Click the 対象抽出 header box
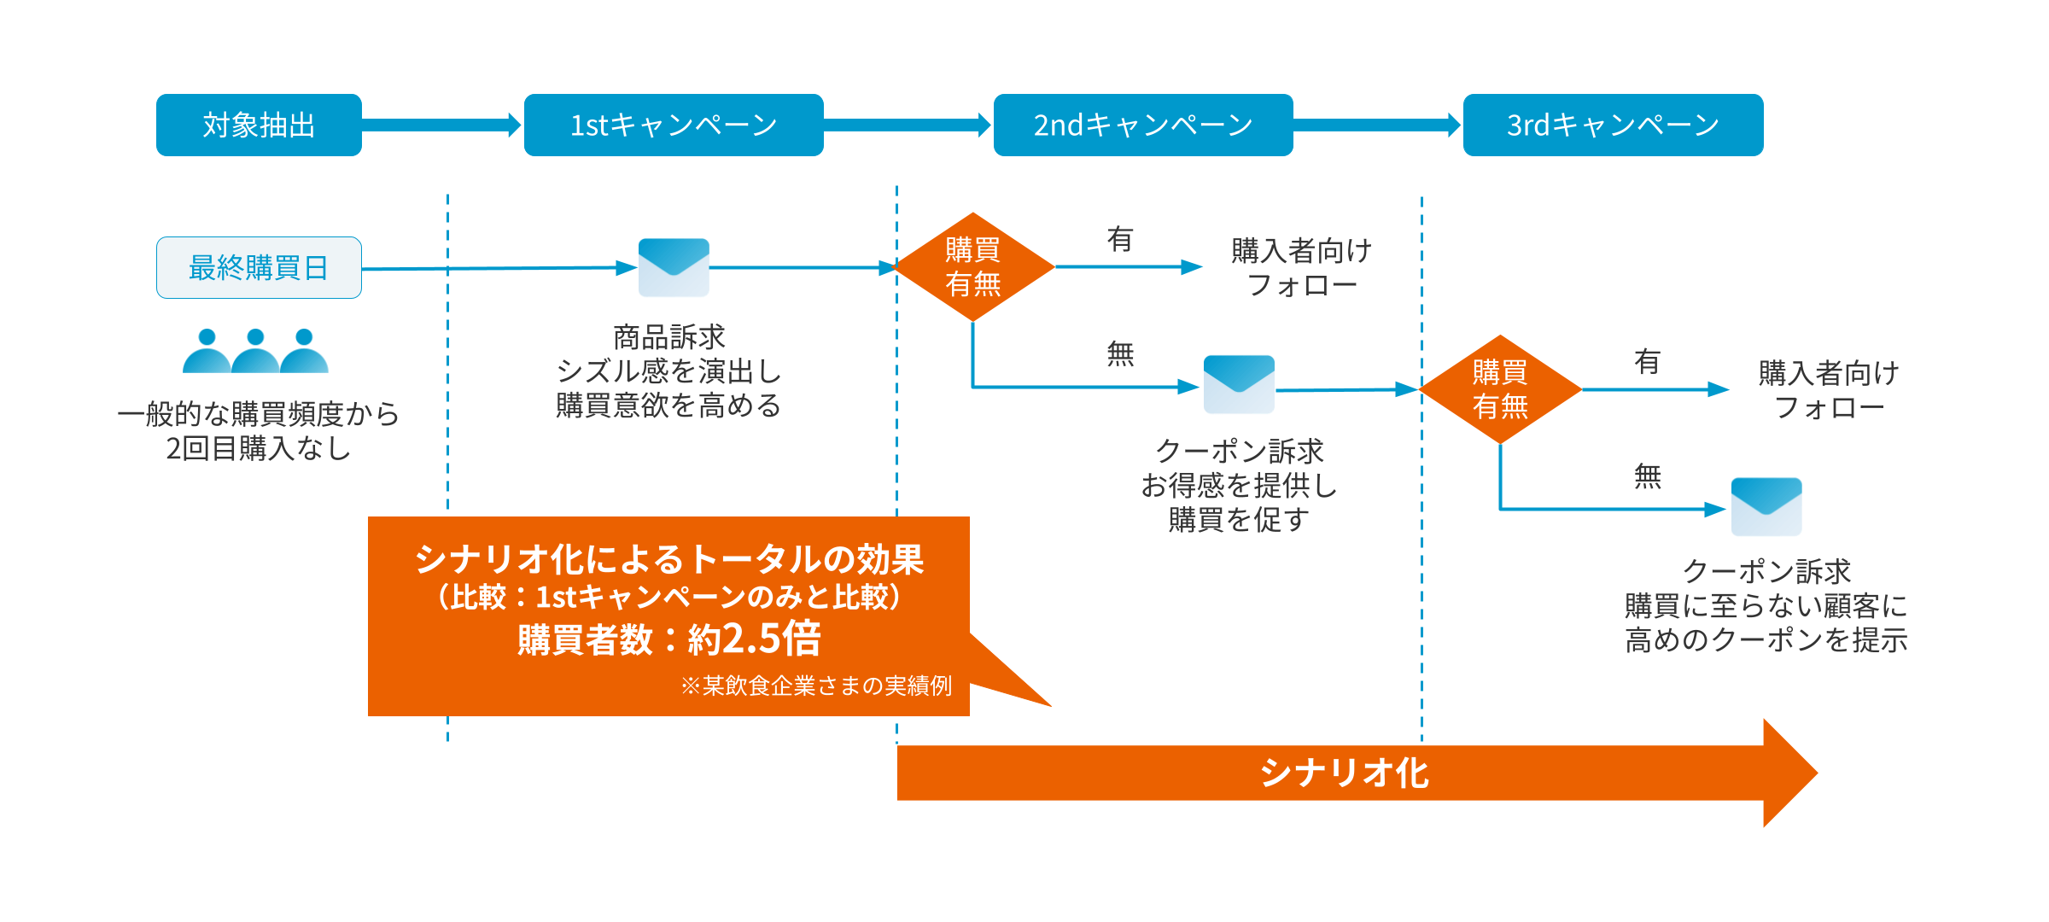click(x=259, y=125)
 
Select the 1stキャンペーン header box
click(x=674, y=125)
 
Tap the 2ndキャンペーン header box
click(x=1143, y=125)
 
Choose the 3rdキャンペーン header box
click(x=1613, y=125)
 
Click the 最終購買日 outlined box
click(x=259, y=267)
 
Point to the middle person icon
click(x=255, y=351)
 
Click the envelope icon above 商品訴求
click(x=674, y=267)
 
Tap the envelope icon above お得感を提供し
click(x=1239, y=384)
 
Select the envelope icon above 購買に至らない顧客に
click(x=1766, y=506)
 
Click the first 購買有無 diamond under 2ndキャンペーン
click(x=972, y=267)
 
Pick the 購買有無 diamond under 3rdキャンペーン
click(x=1500, y=389)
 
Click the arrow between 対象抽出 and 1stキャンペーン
click(x=441, y=125)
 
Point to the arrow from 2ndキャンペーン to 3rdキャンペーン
click(x=1377, y=125)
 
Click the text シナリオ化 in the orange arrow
click(x=1345, y=773)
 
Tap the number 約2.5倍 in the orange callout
click(x=755, y=639)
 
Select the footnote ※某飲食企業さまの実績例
click(x=816, y=686)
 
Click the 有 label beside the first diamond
click(x=1120, y=239)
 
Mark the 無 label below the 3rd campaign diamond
click(x=1648, y=476)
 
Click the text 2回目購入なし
click(x=259, y=448)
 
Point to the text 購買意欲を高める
click(x=668, y=405)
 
